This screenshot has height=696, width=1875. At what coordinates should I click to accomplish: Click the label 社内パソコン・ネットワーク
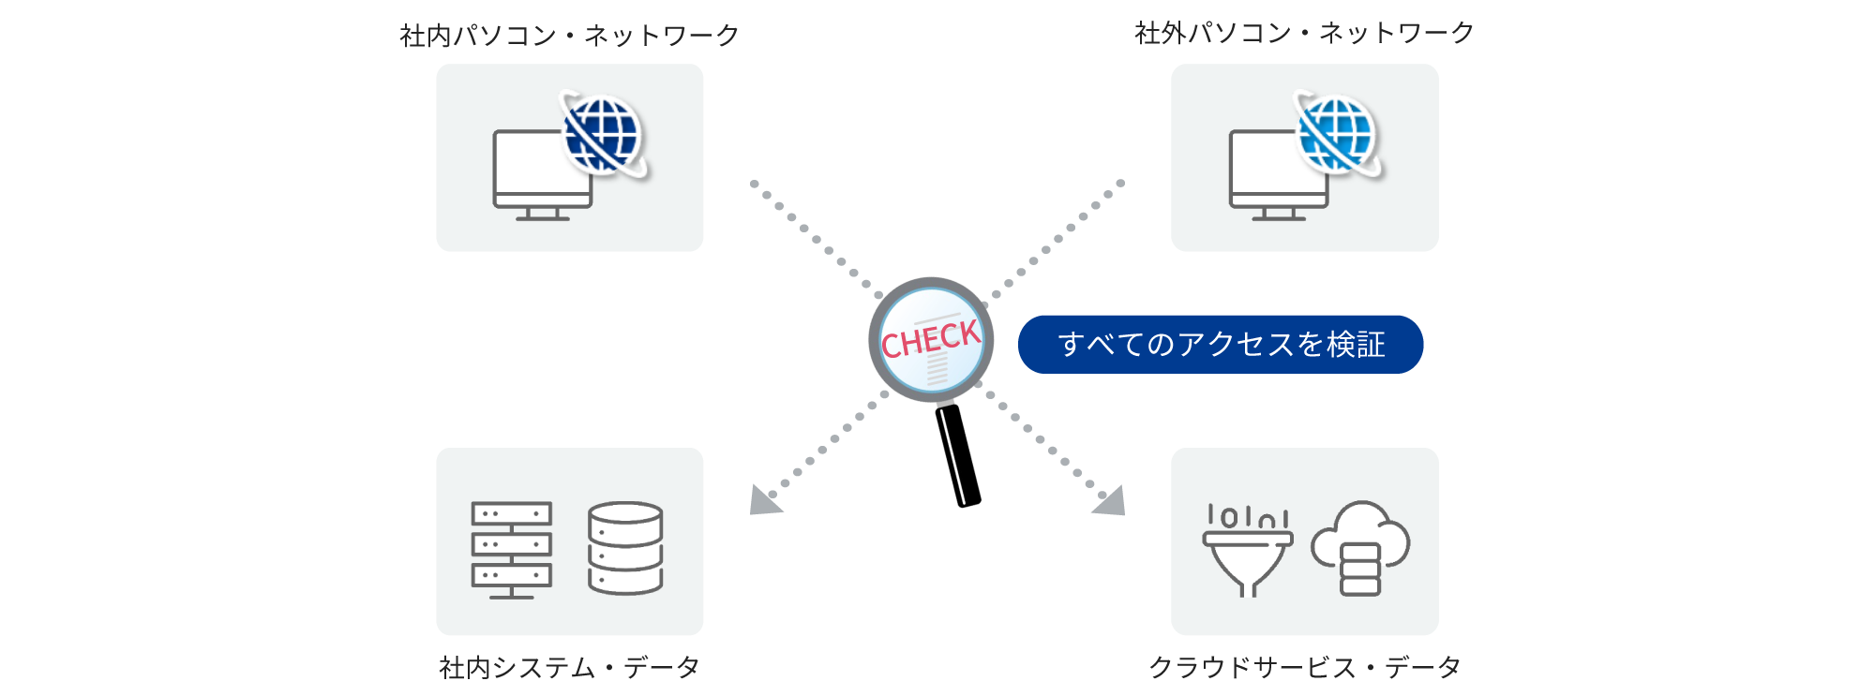click(x=569, y=36)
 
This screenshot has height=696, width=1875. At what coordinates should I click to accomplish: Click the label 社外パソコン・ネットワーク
click(x=1304, y=34)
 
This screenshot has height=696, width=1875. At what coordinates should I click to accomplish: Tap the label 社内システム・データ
click(x=569, y=667)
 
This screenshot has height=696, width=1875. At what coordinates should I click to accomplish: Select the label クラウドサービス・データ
click(x=1304, y=667)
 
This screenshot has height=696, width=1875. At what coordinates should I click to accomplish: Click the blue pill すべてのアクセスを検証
click(x=1220, y=344)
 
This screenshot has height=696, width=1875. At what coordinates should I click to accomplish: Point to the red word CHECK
click(x=930, y=339)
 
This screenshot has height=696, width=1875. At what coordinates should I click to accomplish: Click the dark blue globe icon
click(x=602, y=134)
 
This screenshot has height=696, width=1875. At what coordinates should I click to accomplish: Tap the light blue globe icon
click(x=1337, y=134)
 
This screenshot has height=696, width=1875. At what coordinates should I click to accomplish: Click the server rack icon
click(x=511, y=549)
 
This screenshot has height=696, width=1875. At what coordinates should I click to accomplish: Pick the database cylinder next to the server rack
click(x=625, y=548)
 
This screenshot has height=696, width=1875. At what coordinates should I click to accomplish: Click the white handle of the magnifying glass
click(x=952, y=456)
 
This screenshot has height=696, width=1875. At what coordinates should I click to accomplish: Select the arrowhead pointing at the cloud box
click(x=1111, y=501)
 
